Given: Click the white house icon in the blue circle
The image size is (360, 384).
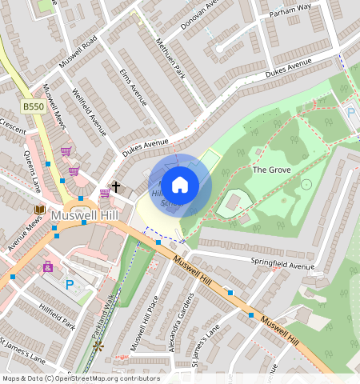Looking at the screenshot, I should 180,184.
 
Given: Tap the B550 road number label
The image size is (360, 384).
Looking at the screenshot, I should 33,106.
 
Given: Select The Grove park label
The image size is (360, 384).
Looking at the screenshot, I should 271,170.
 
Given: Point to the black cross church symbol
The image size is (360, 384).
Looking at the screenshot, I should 116,186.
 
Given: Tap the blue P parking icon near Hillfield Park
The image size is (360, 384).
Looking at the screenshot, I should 69,283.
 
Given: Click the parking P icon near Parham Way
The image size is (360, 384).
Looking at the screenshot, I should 350,113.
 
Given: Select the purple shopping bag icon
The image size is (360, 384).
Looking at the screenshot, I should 48,266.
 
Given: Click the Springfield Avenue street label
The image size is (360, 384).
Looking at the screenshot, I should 282,266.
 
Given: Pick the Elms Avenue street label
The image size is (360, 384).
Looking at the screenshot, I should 133,87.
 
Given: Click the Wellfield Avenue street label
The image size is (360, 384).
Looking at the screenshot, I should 89,111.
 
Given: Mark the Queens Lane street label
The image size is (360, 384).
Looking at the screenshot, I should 32,172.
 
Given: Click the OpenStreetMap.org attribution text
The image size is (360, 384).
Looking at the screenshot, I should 100,378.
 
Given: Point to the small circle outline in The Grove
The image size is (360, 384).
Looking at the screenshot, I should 306,184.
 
